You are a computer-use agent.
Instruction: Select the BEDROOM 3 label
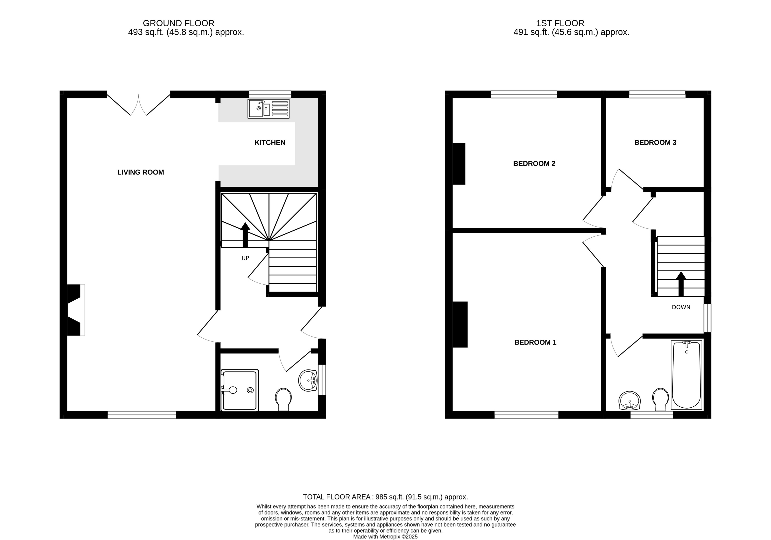point(655,142)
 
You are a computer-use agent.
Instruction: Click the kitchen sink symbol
point(268,108)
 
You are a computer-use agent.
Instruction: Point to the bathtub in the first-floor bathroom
point(686,375)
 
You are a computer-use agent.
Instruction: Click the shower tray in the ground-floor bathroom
point(240,391)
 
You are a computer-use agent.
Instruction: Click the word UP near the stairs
point(245,258)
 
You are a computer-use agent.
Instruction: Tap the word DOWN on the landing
point(681,307)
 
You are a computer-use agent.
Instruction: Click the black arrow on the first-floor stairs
point(681,284)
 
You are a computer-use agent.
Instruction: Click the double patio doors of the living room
point(138,104)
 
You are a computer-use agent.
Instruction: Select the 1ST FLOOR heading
point(560,23)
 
